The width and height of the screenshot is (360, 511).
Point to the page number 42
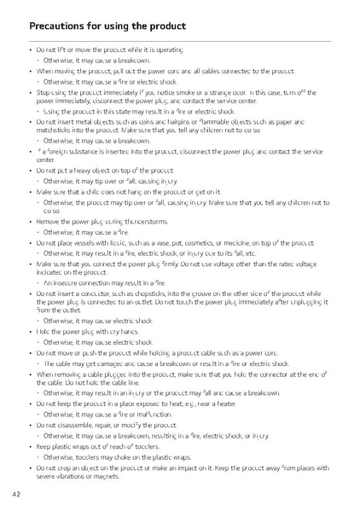click(17, 494)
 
